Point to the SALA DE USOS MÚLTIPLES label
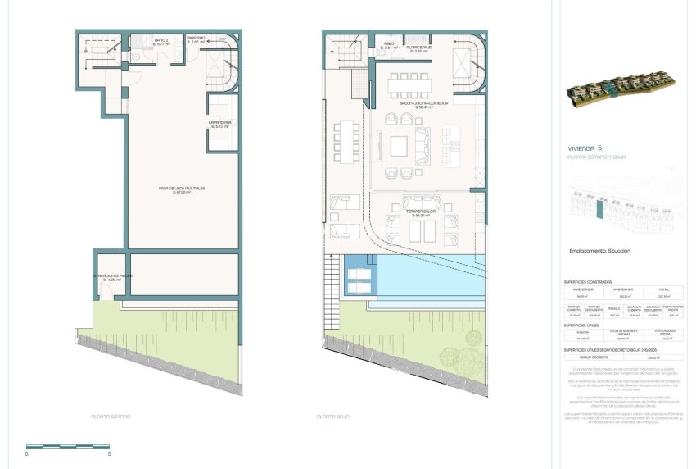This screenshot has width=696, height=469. pos(182,189)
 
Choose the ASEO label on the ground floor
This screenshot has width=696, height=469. pos(388,46)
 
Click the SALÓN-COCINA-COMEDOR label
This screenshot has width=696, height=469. pos(423,106)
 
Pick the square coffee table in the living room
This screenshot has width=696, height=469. pos(400,147)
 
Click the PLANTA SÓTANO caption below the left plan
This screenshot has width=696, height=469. pos(111,417)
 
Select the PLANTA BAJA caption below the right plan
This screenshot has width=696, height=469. pos(333,417)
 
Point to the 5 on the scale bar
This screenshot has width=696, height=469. pos(109,453)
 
